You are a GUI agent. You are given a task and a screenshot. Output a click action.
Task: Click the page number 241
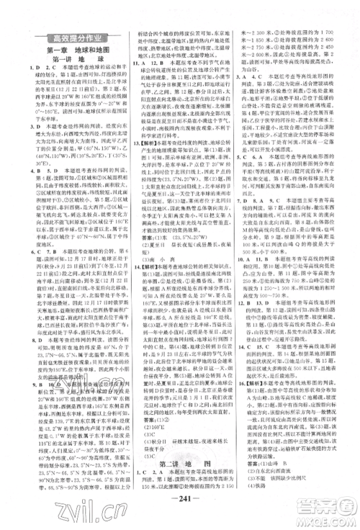point(180,499)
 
